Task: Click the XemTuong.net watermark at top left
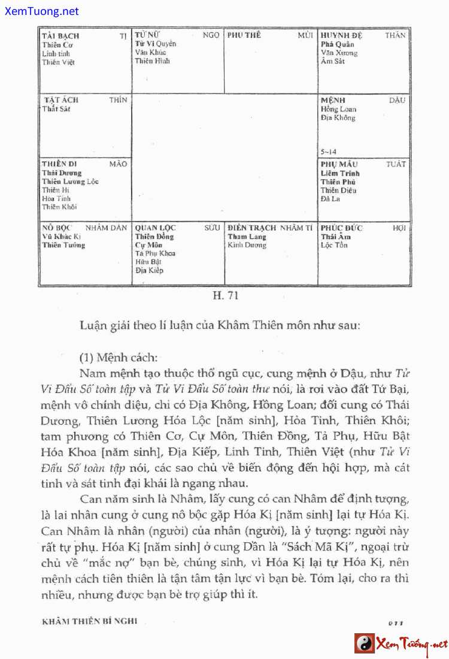click(x=40, y=11)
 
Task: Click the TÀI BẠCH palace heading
click(x=60, y=36)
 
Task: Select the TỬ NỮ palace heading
click(x=147, y=35)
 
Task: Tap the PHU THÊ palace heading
click(x=244, y=35)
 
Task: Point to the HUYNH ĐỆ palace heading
click(x=341, y=35)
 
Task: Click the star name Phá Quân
click(x=337, y=44)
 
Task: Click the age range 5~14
click(x=329, y=152)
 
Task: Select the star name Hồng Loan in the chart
click(x=338, y=109)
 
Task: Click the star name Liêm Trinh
click(x=340, y=173)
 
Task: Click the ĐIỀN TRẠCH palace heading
click(x=251, y=228)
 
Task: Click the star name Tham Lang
click(x=247, y=237)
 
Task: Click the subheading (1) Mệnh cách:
click(x=118, y=358)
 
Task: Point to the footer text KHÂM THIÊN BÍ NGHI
click(x=89, y=621)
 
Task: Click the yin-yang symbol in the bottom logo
click(x=364, y=643)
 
